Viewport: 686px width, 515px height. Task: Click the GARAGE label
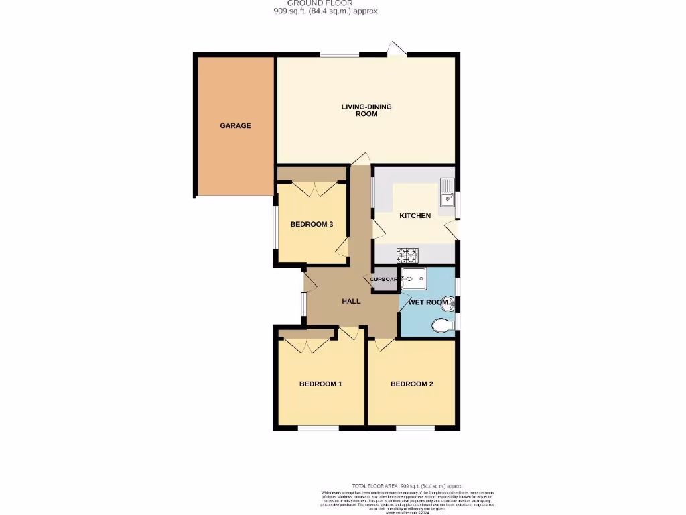(235, 125)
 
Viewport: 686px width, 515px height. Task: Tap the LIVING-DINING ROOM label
(366, 110)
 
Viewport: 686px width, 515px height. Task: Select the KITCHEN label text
(415, 215)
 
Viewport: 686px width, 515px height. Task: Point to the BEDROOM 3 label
(312, 224)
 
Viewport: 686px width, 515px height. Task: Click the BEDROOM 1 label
(320, 384)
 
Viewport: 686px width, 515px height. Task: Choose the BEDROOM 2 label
(411, 384)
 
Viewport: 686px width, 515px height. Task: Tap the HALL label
(351, 301)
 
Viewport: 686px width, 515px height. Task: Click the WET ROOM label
(427, 302)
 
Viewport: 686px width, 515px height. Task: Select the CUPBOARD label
(385, 279)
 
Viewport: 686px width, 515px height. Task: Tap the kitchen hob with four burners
(407, 255)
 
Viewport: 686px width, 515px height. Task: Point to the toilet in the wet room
(441, 327)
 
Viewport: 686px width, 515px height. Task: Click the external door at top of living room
(397, 49)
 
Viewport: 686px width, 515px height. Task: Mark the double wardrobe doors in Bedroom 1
(307, 346)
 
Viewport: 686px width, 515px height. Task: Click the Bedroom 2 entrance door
(385, 345)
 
